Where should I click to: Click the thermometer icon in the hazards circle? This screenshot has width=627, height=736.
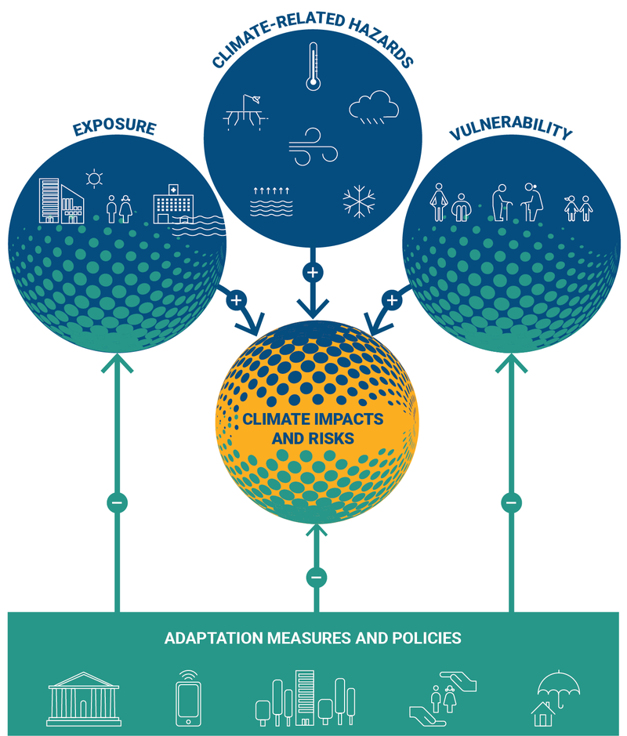pyautogui.click(x=312, y=67)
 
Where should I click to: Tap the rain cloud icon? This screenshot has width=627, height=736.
pyautogui.click(x=374, y=108)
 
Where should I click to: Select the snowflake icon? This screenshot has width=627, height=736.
pyautogui.click(x=359, y=201)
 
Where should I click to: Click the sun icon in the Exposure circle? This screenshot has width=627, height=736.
pyautogui.click(x=95, y=179)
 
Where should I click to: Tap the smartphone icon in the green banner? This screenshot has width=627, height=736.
pyautogui.click(x=188, y=694)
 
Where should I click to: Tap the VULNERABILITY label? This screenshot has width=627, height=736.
pyautogui.click(x=510, y=130)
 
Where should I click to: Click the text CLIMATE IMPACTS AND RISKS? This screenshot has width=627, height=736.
pyautogui.click(x=313, y=428)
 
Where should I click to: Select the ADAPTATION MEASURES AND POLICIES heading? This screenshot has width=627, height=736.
pyautogui.click(x=313, y=637)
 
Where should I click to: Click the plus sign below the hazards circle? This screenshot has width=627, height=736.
pyautogui.click(x=313, y=273)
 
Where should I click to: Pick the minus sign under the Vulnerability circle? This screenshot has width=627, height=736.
pyautogui.click(x=511, y=502)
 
